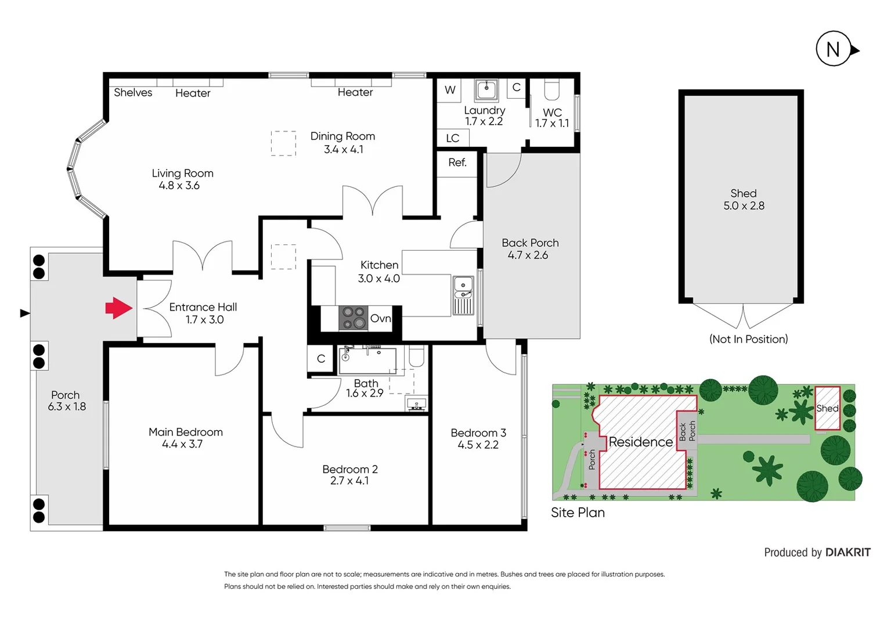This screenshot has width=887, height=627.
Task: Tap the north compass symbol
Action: pyautogui.click(x=834, y=49)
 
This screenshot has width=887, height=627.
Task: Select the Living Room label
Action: pyautogui.click(x=182, y=173)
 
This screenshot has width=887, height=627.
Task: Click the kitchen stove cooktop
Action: pyautogui.click(x=354, y=318)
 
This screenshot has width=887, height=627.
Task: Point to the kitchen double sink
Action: pyautogui.click(x=463, y=295)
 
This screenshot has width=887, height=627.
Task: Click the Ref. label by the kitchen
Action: pyautogui.click(x=457, y=163)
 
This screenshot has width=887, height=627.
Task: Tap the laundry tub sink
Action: pyautogui.click(x=486, y=90)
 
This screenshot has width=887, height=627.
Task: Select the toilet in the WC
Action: pyautogui.click(x=551, y=89)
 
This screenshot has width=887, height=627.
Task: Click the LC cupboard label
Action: pyautogui.click(x=452, y=138)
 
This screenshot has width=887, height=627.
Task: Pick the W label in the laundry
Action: pyautogui.click(x=450, y=90)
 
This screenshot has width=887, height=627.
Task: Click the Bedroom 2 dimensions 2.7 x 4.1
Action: pyautogui.click(x=349, y=481)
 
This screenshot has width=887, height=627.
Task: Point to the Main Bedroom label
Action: pyautogui.click(x=185, y=432)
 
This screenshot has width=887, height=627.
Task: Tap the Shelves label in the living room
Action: pyautogui.click(x=133, y=92)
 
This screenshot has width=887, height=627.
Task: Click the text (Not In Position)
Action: pyautogui.click(x=748, y=339)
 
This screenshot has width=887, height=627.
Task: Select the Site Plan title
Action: pyautogui.click(x=578, y=513)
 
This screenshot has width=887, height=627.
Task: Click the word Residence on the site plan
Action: pyautogui.click(x=640, y=442)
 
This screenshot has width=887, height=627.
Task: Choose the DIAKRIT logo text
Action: pyautogui.click(x=848, y=552)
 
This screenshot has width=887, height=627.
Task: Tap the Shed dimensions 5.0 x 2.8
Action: pyautogui.click(x=744, y=206)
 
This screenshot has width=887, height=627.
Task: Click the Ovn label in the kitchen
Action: pyautogui.click(x=380, y=318)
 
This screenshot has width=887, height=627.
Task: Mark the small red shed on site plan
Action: pyautogui.click(x=827, y=408)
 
